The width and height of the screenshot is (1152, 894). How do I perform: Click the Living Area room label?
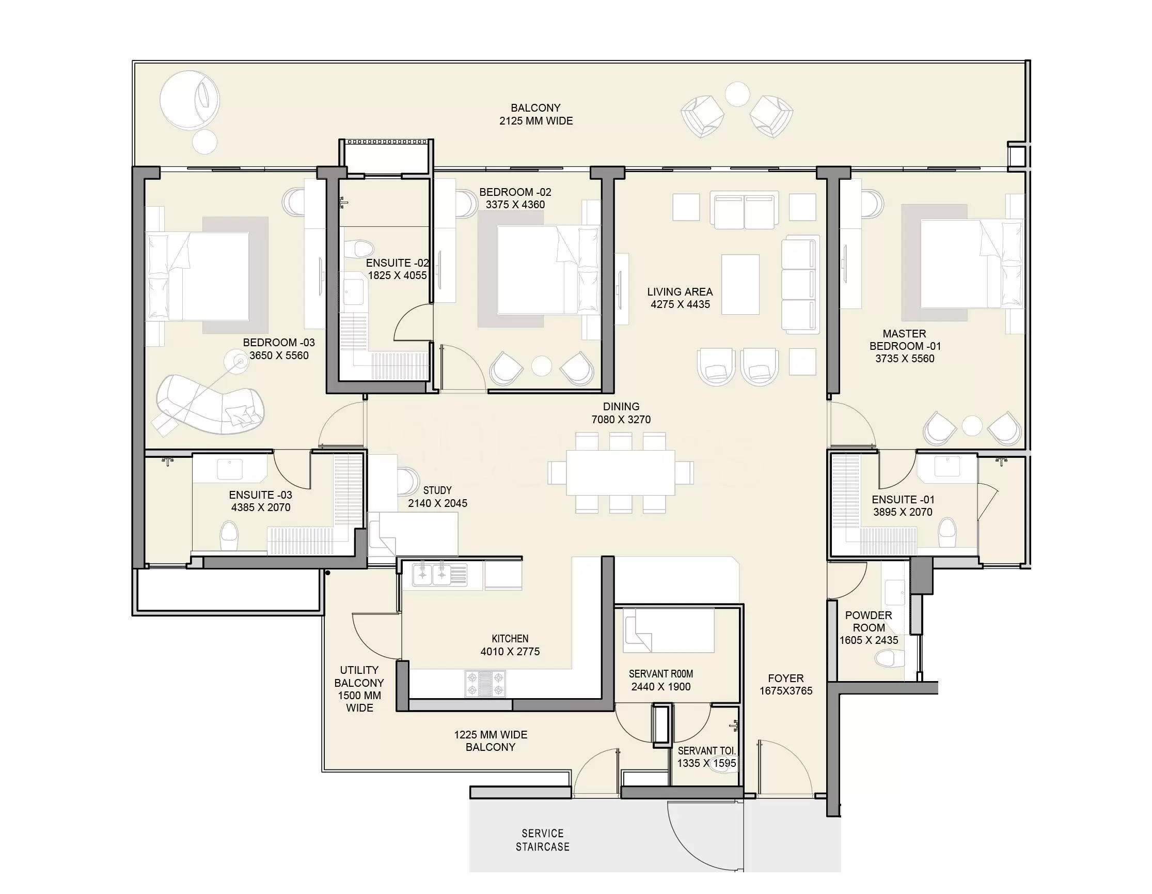tap(680, 292)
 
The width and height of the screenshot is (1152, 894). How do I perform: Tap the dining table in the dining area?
tap(620, 472)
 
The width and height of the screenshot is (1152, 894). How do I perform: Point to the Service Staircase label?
tap(543, 840)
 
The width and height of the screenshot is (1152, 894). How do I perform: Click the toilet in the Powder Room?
tap(888, 658)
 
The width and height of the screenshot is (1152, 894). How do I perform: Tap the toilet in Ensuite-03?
tap(229, 536)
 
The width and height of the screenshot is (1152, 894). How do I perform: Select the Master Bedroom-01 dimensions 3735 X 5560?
tap(905, 359)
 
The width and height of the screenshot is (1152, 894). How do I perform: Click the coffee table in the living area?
tap(740, 284)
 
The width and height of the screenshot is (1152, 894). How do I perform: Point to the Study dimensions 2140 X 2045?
tap(437, 503)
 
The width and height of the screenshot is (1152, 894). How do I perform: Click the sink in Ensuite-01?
tap(947, 467)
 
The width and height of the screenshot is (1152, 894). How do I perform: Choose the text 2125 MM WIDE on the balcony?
tap(536, 121)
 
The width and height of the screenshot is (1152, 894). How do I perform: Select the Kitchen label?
tap(510, 639)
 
